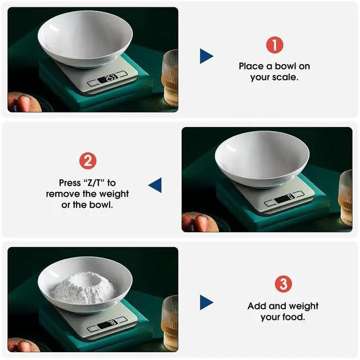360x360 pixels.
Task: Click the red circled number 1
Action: click(x=274, y=45)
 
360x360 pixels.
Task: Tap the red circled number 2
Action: click(x=88, y=161)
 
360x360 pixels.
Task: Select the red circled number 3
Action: click(x=283, y=284)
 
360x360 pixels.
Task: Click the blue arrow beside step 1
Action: click(x=206, y=56)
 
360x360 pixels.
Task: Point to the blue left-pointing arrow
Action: click(x=155, y=185)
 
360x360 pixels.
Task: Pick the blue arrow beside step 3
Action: click(x=206, y=303)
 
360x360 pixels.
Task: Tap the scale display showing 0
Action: click(x=285, y=199)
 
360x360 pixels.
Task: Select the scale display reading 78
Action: click(x=107, y=324)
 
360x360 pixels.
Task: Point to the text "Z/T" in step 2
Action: click(x=93, y=183)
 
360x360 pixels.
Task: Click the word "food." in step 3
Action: click(x=294, y=317)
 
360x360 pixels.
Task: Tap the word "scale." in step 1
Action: click(x=287, y=77)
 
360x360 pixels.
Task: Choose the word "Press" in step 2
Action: click(x=70, y=183)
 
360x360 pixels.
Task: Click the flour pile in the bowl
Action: click(x=83, y=288)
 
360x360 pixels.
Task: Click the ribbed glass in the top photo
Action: click(x=170, y=78)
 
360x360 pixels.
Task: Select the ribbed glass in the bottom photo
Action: click(x=170, y=323)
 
